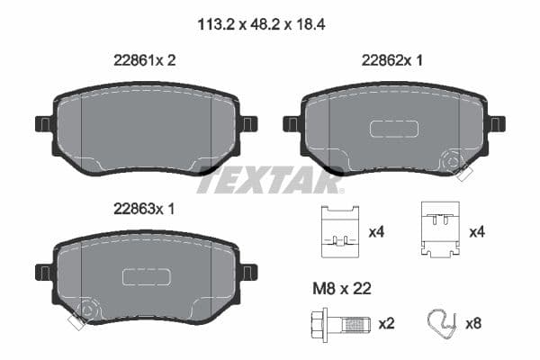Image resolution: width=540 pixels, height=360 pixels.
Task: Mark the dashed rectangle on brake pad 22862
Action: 393,129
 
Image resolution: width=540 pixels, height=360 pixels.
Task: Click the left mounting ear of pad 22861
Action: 44,123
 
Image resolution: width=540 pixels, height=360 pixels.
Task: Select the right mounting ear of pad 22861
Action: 248,123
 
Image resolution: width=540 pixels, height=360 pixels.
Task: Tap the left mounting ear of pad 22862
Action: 292,123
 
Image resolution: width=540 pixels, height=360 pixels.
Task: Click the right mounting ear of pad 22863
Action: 248,271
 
